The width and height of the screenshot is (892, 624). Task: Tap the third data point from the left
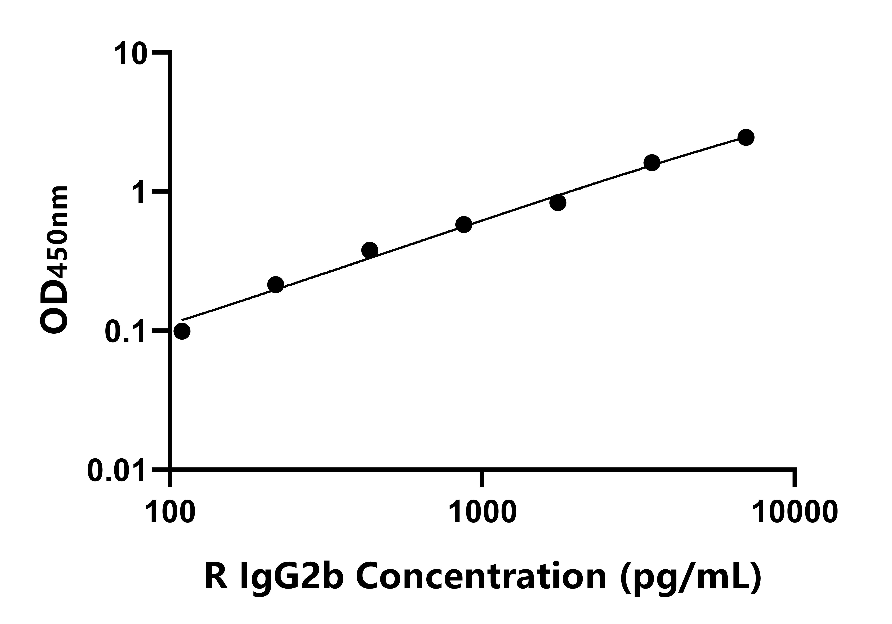pos(369,250)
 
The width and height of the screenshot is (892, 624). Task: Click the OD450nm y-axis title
pos(54,260)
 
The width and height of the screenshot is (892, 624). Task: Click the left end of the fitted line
pos(183,320)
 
